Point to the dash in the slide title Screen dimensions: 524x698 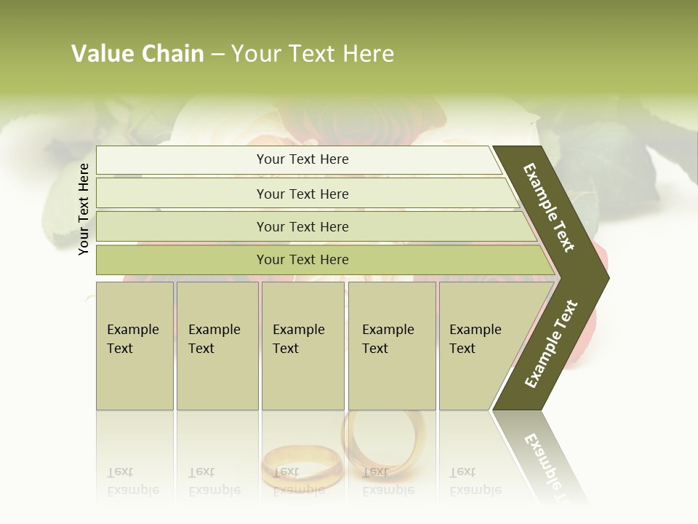point(217,55)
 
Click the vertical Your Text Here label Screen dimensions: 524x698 point(84,209)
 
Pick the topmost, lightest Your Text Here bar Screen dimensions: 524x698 point(302,159)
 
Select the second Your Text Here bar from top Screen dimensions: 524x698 point(302,194)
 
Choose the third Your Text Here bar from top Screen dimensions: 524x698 point(302,226)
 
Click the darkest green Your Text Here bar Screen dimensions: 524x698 point(302,260)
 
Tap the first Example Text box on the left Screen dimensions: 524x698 point(135,345)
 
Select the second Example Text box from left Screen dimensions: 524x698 point(217,345)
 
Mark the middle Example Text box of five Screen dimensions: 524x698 point(302,345)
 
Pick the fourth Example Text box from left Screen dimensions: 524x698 point(392,345)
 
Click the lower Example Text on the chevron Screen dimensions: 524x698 point(551,344)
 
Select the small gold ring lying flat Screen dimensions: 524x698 point(301,466)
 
